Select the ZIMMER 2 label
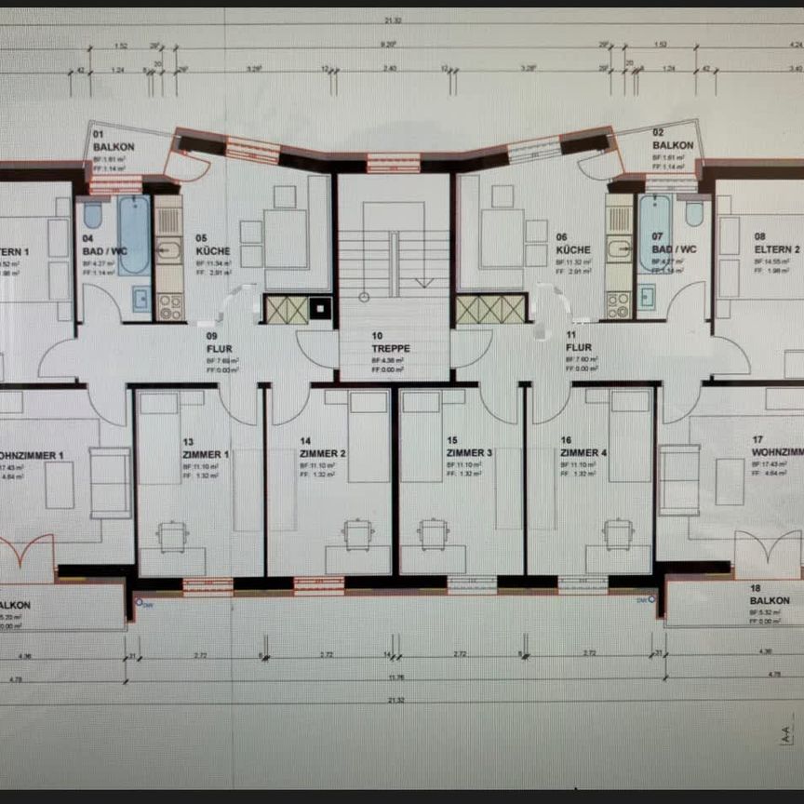click(323, 453)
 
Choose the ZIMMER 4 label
click(583, 453)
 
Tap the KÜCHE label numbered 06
click(572, 250)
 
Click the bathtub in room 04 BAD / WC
click(133, 234)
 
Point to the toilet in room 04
click(92, 216)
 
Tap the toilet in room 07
click(694, 214)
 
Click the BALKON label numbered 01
click(113, 147)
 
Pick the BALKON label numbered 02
click(672, 146)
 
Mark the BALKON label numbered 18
click(769, 601)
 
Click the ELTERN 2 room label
click(777, 249)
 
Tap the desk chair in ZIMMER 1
click(172, 534)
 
